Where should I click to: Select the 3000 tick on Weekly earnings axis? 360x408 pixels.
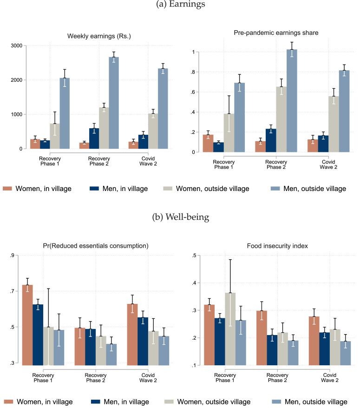(x=21, y=46)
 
